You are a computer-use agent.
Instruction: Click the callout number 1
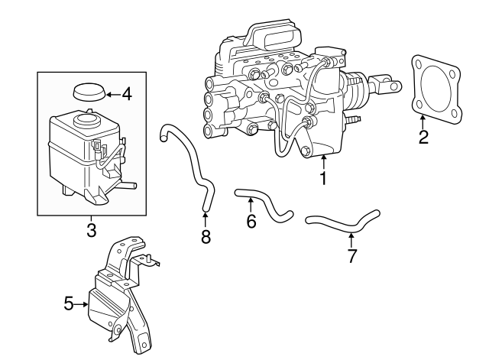323,179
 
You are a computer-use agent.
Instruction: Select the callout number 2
423,138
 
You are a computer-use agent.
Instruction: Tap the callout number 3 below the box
91,229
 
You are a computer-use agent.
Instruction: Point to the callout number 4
126,95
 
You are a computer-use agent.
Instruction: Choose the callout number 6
251,222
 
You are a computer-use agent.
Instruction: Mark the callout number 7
351,255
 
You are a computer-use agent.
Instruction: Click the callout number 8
205,237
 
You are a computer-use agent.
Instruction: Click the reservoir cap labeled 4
89,93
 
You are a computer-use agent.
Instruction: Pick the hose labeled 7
344,222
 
